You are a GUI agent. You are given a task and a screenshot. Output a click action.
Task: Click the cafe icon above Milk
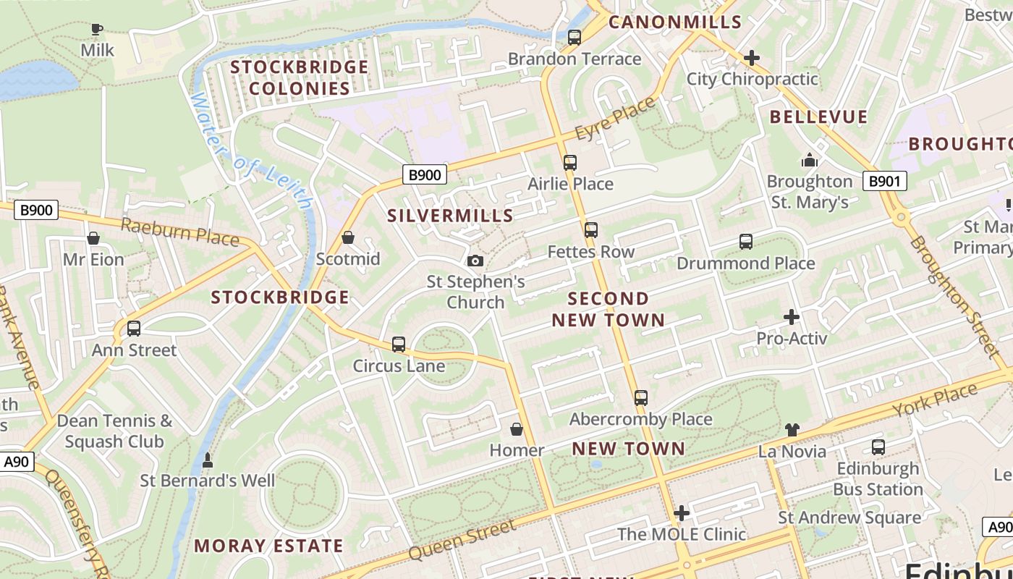click(x=96, y=30)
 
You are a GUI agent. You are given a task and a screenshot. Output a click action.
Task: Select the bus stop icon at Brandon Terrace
click(x=575, y=38)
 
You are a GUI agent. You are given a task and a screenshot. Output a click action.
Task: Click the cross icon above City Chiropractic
click(x=752, y=57)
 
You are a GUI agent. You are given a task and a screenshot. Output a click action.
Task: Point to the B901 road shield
click(x=884, y=181)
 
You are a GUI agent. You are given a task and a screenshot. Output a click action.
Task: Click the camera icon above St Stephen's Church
click(x=475, y=261)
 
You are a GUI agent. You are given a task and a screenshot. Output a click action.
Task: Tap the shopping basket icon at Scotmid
click(x=348, y=237)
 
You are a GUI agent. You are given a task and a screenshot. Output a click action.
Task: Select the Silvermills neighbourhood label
click(x=450, y=215)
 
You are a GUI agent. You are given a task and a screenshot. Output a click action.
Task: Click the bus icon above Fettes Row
click(x=591, y=230)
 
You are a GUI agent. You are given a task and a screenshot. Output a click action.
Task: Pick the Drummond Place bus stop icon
click(x=746, y=242)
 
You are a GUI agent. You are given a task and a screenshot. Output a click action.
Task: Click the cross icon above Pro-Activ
click(x=792, y=316)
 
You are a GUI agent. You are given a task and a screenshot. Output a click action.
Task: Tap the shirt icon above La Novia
click(x=792, y=430)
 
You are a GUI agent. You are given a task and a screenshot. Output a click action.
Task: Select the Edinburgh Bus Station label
click(x=878, y=478)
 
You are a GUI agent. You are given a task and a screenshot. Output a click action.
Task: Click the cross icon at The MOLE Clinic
click(x=681, y=513)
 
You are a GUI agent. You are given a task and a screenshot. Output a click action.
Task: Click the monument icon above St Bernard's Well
click(x=207, y=460)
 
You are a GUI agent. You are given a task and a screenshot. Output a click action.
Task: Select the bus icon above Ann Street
click(x=134, y=329)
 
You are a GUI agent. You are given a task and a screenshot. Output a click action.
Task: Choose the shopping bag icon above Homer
click(x=517, y=430)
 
